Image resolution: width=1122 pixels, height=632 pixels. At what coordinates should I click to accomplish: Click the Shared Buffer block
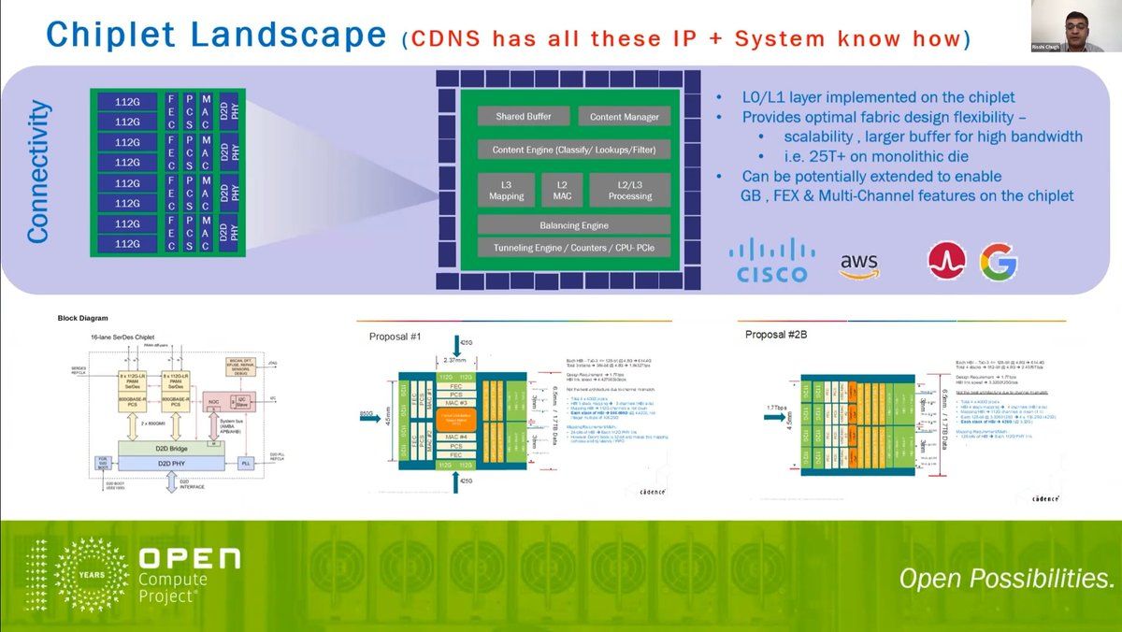[523, 116]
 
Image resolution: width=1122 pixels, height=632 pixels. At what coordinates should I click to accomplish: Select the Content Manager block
[624, 116]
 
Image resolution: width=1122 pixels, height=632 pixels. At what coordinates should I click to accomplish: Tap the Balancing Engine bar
[573, 225]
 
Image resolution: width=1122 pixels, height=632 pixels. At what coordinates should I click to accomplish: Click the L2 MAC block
[561, 190]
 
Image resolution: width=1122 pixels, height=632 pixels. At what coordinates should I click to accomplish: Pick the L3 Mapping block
[506, 190]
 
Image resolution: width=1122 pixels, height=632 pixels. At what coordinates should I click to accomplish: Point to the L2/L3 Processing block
[629, 190]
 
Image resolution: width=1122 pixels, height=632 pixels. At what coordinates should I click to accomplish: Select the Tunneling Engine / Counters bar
[573, 248]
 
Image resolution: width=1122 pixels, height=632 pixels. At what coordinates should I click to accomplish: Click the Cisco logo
[771, 260]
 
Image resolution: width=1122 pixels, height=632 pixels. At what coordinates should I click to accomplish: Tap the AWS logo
[859, 265]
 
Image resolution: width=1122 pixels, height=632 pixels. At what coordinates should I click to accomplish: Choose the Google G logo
[998, 262]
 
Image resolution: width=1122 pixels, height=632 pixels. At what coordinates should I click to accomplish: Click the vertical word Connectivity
[37, 172]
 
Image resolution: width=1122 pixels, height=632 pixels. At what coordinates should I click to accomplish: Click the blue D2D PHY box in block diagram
[165, 464]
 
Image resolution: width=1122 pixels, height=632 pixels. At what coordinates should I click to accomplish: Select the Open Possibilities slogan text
[1006, 579]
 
